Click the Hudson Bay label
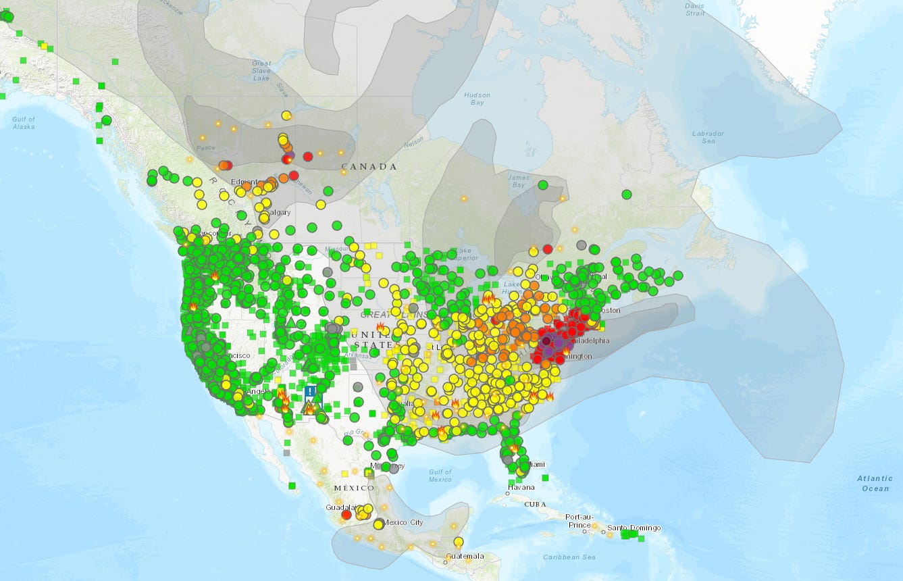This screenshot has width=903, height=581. click(x=477, y=99)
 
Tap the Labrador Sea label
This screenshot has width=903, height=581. click(x=708, y=137)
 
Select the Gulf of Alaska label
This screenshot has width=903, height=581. click(x=23, y=123)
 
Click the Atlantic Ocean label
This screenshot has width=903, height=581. click(x=875, y=483)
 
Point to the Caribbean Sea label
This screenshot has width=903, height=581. click(x=569, y=557)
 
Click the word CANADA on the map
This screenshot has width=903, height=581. click(x=369, y=166)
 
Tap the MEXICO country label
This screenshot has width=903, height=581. click(x=354, y=488)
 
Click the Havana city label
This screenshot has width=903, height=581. click(x=521, y=487)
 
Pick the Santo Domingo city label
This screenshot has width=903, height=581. click(x=634, y=528)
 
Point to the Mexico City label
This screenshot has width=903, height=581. click(x=404, y=522)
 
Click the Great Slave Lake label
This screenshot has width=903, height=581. click(x=261, y=71)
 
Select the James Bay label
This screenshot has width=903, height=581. click(x=517, y=181)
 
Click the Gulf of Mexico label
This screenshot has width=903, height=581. click(x=440, y=476)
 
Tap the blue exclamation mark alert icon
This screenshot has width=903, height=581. click(x=310, y=391)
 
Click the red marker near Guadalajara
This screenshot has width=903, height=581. click(x=346, y=515)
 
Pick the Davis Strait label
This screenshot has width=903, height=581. click(x=695, y=9)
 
